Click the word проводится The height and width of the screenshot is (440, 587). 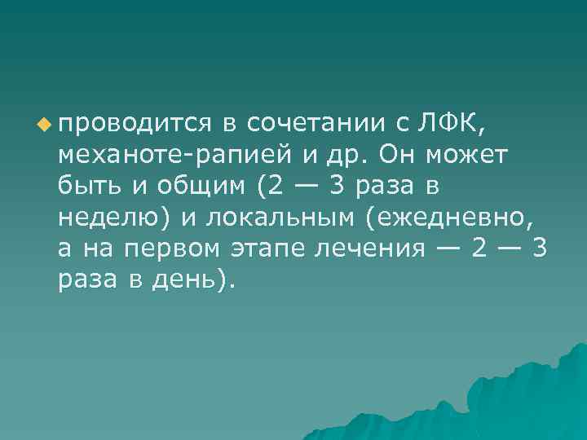[135, 123]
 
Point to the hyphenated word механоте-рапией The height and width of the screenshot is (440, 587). [170, 154]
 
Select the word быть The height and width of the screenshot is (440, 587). [88, 186]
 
